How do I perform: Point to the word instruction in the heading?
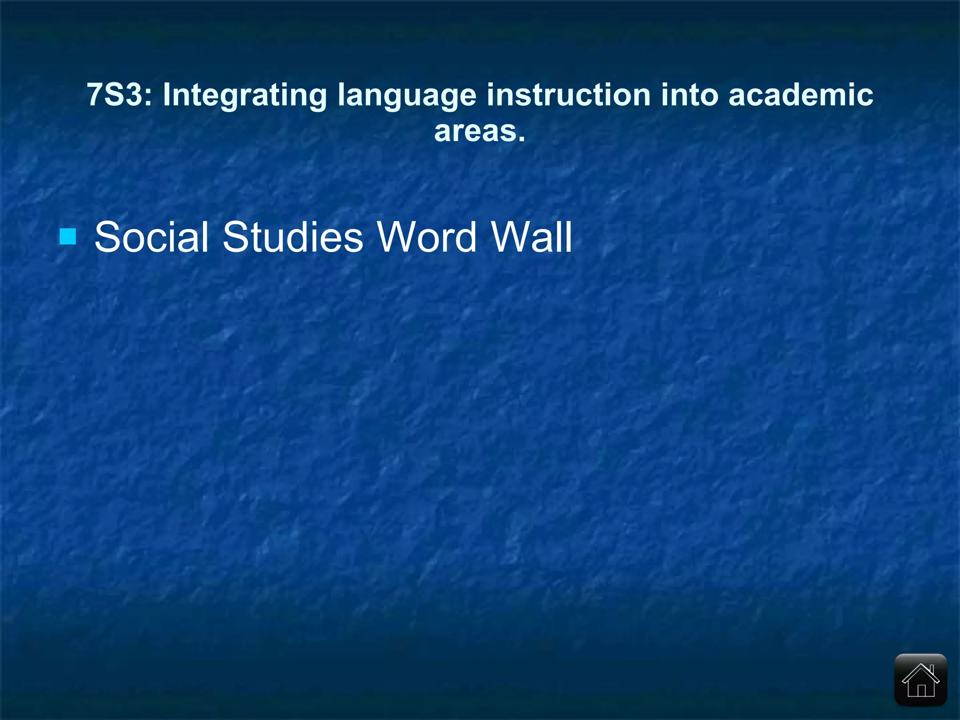tap(568, 95)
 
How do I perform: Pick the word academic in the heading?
tap(801, 95)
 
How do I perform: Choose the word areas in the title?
tap(474, 131)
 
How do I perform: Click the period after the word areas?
tap(521, 139)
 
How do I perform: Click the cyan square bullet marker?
tap(68, 237)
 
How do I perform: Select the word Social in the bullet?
tap(151, 237)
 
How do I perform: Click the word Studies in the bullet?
tap(292, 237)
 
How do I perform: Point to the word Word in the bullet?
tap(427, 237)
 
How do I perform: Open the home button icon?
tap(921, 679)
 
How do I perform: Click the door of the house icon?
tap(921, 690)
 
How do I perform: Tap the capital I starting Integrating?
tap(166, 95)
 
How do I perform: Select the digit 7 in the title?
tap(95, 95)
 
